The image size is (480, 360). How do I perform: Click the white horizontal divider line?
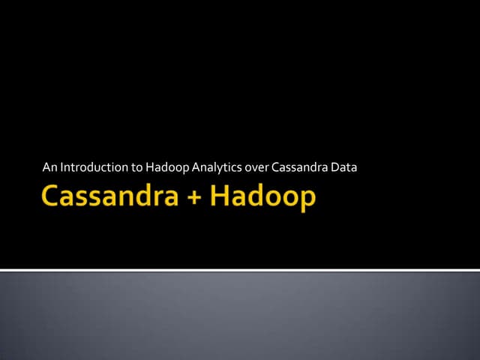coord(240,269)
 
